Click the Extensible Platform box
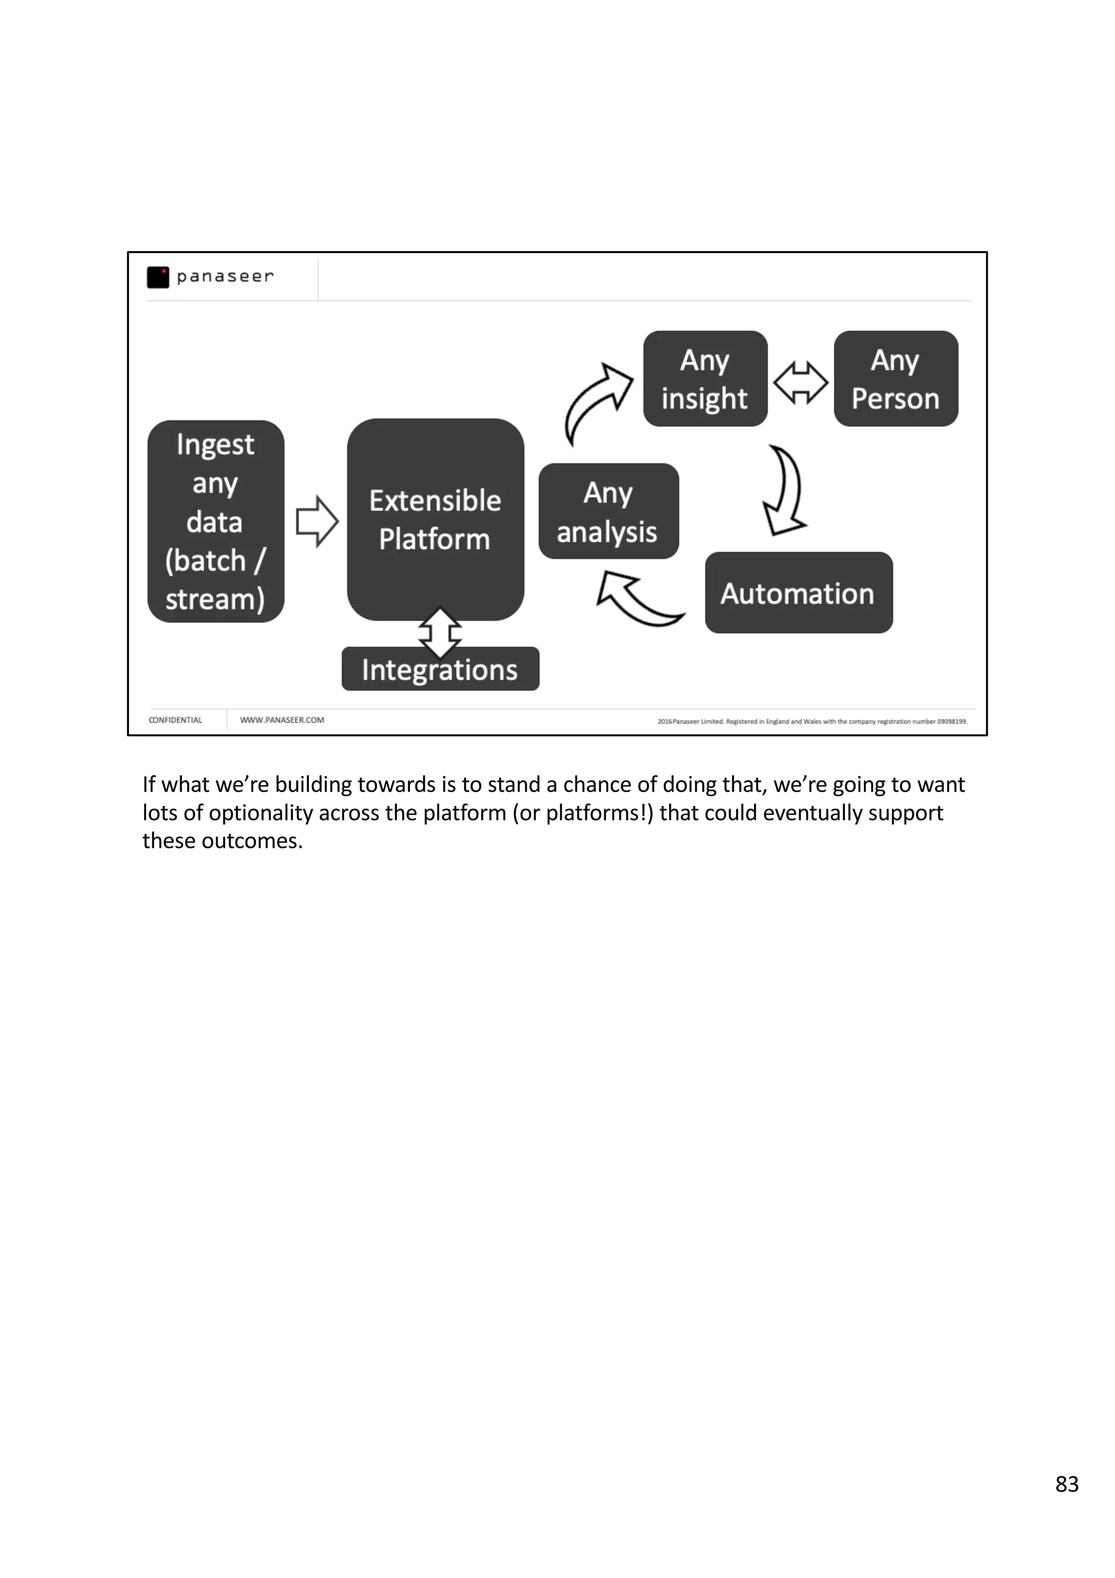435,519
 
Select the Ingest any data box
215,521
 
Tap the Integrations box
440,669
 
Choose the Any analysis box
608,511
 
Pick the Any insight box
705,378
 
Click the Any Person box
895,378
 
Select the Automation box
798,593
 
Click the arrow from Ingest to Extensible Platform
317,521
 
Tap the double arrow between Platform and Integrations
440,632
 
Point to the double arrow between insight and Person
800,382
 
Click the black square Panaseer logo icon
158,277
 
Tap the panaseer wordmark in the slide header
225,276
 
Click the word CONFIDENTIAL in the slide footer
175,720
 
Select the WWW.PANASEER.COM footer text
281,720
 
